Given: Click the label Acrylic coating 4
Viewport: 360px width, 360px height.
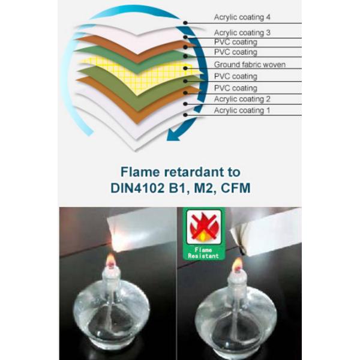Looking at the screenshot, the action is pyautogui.click(x=242, y=17).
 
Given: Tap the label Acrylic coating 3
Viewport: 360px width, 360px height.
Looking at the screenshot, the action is pyautogui.click(x=242, y=33).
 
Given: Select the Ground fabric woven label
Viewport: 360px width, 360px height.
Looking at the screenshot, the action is pyautogui.click(x=250, y=65).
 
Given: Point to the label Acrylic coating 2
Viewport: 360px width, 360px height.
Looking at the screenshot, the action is pyautogui.click(x=242, y=99).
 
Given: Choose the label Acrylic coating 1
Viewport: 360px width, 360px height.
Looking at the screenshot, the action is pyautogui.click(x=242, y=110).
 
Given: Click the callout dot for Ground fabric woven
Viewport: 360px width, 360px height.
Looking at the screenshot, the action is pyautogui.click(x=185, y=68).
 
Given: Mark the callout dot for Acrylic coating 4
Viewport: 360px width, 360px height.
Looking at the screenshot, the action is pyautogui.click(x=185, y=23).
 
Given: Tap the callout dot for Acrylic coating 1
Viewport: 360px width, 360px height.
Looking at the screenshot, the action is pyautogui.click(x=185, y=115).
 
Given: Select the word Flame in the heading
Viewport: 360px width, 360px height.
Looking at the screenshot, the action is pyautogui.click(x=140, y=172).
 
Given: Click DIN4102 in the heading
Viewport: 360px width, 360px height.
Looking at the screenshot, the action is pyautogui.click(x=137, y=188).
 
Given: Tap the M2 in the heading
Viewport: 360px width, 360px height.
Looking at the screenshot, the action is pyautogui.click(x=205, y=189).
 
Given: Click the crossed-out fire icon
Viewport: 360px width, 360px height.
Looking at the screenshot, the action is pyautogui.click(x=203, y=227).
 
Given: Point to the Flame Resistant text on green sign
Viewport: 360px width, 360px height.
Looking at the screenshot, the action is pyautogui.click(x=203, y=253).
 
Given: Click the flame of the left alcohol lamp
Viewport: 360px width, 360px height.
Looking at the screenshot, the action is pyautogui.click(x=111, y=259).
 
